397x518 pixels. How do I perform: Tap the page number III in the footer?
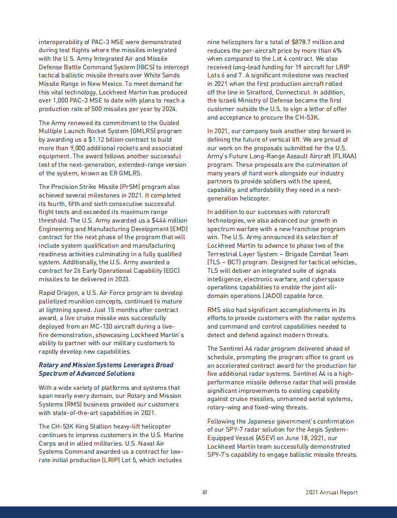[204, 492]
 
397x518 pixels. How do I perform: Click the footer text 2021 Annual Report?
[331, 492]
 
